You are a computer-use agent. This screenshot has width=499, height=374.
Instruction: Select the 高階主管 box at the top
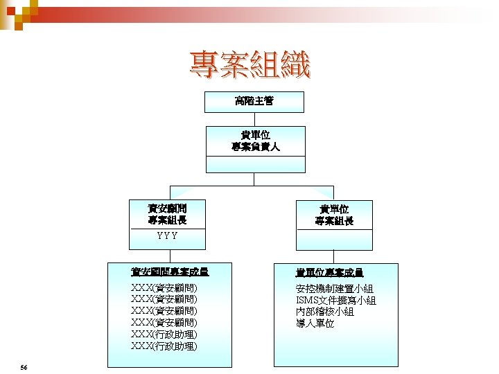(254, 101)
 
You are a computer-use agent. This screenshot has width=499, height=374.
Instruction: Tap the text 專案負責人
(254, 147)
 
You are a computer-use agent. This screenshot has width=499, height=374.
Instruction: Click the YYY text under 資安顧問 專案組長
(167, 236)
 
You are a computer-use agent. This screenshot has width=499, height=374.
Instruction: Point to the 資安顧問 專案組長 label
(167, 214)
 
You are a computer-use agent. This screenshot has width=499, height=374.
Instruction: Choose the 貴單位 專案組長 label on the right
(334, 215)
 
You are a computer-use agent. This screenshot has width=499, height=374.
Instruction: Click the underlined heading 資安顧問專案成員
(170, 272)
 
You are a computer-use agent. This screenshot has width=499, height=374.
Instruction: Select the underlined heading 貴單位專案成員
(329, 273)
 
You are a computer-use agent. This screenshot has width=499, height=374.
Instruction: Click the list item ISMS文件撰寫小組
(335, 301)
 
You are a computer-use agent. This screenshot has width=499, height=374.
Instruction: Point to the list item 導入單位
(315, 323)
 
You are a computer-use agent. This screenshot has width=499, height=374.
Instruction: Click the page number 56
(24, 366)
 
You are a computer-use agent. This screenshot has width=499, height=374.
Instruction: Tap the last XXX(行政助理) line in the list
(164, 346)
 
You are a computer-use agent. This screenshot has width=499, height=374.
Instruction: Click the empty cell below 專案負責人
(254, 165)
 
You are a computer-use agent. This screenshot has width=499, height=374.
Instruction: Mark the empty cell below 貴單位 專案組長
(334, 239)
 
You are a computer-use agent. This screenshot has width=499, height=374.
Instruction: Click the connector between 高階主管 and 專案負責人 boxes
(254, 119)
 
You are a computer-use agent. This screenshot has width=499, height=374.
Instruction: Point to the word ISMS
(306, 301)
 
